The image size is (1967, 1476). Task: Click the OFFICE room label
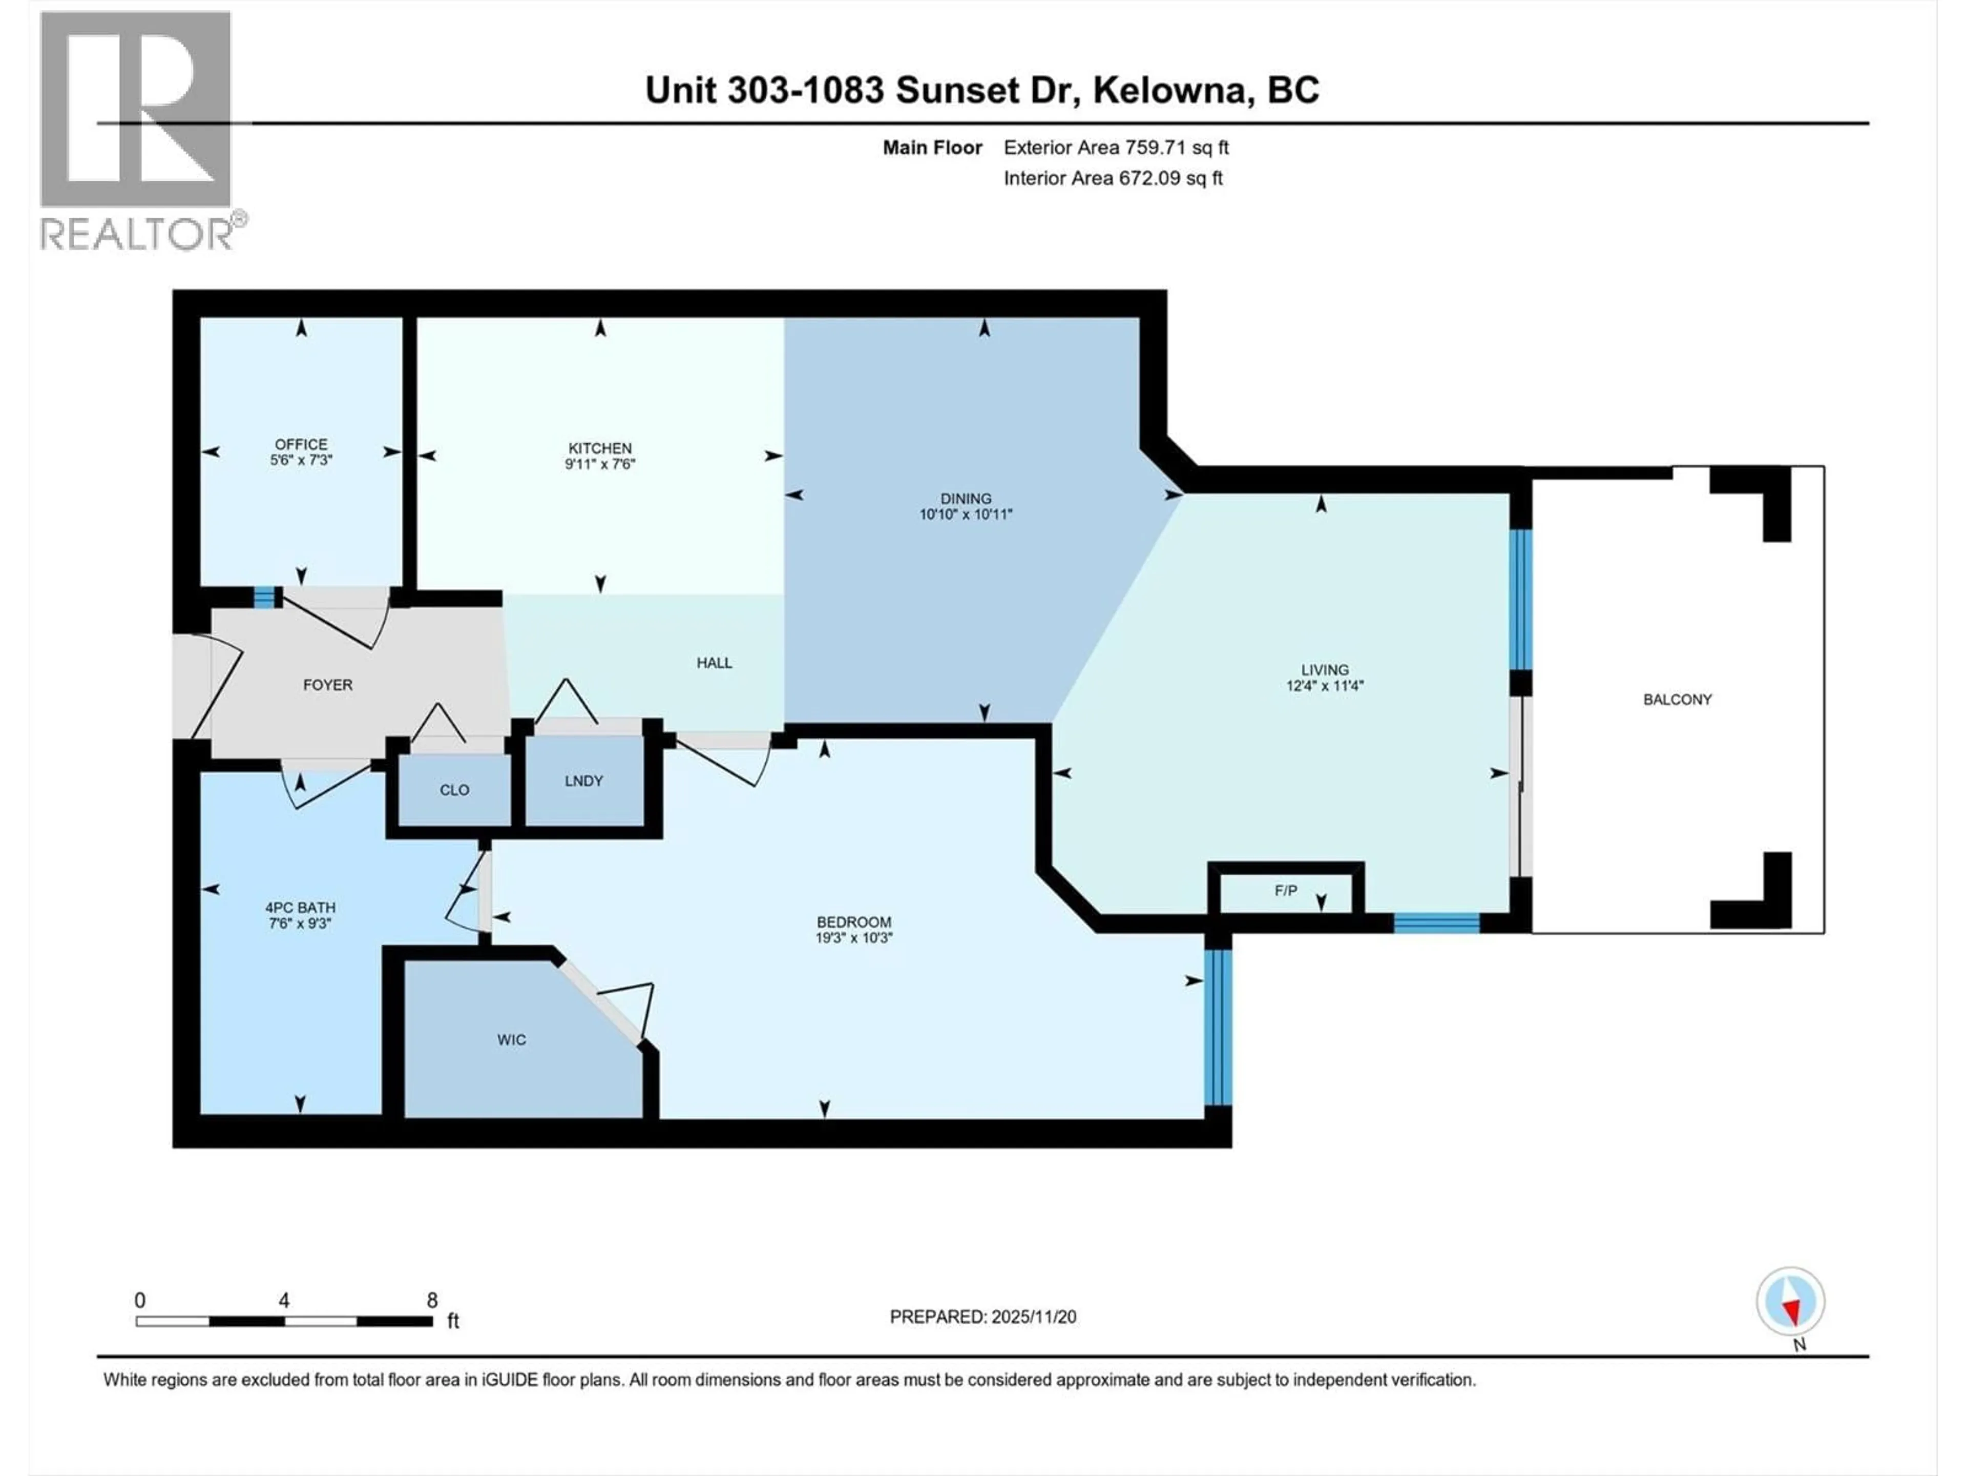click(301, 444)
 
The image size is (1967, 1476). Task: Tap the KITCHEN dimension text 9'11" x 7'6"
click(600, 463)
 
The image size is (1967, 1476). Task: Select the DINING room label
click(966, 498)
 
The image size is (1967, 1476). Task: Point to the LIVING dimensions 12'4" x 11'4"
click(1324, 686)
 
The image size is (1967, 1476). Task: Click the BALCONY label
click(1677, 699)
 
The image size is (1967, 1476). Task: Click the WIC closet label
click(511, 1039)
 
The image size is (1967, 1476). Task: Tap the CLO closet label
click(454, 790)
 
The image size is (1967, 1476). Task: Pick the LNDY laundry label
click(583, 781)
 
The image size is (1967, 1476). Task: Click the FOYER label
click(327, 685)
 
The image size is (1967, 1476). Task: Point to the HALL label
click(714, 663)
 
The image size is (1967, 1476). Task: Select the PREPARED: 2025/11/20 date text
click(982, 1317)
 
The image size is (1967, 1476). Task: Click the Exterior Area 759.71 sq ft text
click(1116, 148)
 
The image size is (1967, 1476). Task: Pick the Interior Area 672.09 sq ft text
click(1113, 178)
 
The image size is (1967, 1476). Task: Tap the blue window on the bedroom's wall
click(1218, 1028)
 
